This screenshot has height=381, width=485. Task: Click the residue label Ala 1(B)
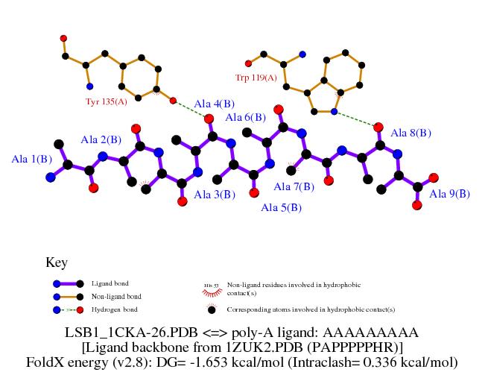(x=32, y=159)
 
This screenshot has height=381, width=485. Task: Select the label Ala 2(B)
(x=101, y=139)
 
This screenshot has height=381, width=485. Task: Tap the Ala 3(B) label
(x=215, y=195)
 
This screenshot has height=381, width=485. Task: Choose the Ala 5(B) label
(x=281, y=207)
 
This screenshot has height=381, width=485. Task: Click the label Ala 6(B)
(x=245, y=117)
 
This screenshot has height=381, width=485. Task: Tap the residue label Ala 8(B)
(x=411, y=133)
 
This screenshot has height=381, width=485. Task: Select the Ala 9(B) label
(x=450, y=194)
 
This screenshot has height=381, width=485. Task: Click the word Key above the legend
(x=57, y=262)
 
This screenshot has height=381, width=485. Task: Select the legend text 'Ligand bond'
(x=107, y=283)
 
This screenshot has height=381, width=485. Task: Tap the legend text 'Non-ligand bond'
(x=113, y=296)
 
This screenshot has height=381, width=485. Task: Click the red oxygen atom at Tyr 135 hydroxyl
(x=173, y=101)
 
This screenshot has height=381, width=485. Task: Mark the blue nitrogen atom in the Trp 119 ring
(x=335, y=112)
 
